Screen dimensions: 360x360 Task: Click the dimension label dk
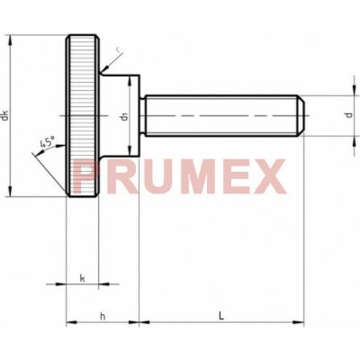point(4,116)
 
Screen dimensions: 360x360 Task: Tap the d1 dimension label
point(124,116)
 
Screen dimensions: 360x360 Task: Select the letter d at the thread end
point(348,115)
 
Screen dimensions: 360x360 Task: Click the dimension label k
point(82,278)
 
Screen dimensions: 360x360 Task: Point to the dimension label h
point(103,316)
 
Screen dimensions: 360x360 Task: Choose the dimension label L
point(221,316)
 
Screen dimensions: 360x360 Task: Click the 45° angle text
point(48,142)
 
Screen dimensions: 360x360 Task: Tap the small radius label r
point(120,53)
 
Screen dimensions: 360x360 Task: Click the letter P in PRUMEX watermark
point(85,176)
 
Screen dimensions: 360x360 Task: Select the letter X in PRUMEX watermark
point(268,176)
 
